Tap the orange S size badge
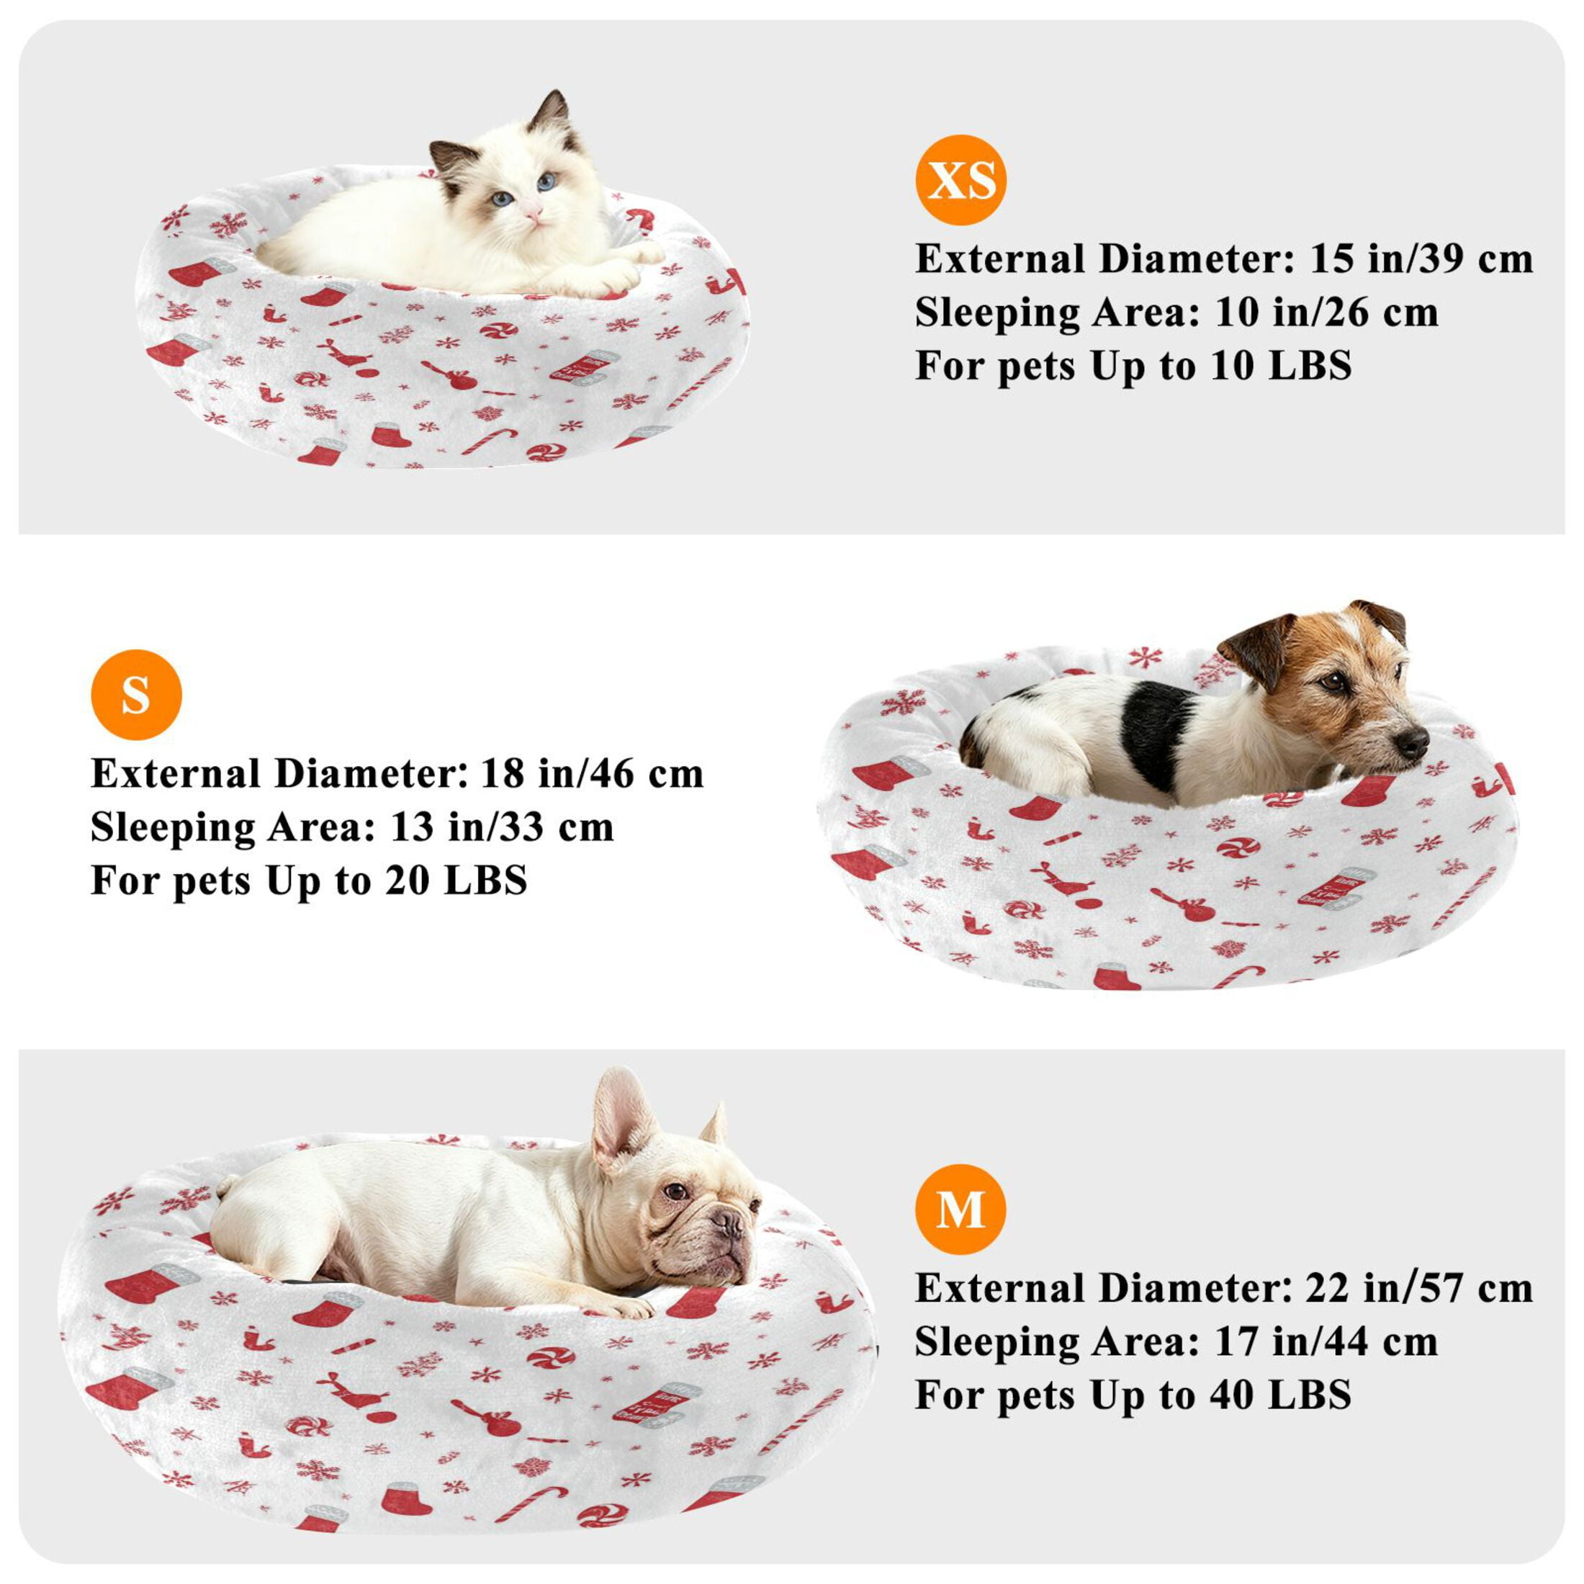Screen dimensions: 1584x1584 tap(136, 694)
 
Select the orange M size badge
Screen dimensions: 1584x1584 tap(961, 1210)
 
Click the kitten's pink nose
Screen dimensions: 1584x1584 tap(534, 215)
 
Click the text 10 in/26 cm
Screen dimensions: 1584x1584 tap(1326, 312)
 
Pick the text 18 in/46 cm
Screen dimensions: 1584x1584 tap(592, 773)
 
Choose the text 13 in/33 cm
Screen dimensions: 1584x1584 tap(502, 827)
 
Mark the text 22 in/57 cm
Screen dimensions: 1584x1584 tap(1419, 1288)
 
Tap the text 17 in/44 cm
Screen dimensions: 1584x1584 tap(1326, 1341)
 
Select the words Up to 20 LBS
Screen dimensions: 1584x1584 tap(397, 881)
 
